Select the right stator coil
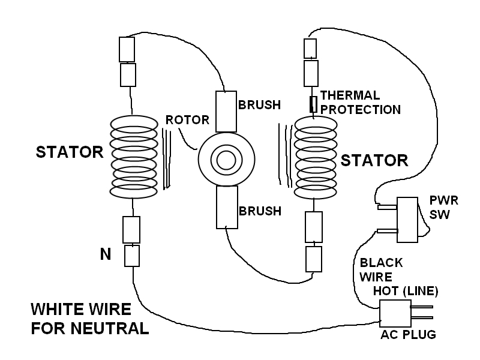click(316, 158)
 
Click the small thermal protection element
click(313, 104)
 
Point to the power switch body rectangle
click(408, 220)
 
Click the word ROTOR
click(187, 120)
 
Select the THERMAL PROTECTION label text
click(359, 103)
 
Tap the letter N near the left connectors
click(106, 254)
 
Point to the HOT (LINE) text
click(406, 292)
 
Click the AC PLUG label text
click(408, 335)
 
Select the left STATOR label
click(70, 152)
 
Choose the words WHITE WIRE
click(80, 310)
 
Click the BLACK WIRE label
click(380, 270)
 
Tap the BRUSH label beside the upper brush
click(259, 105)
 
